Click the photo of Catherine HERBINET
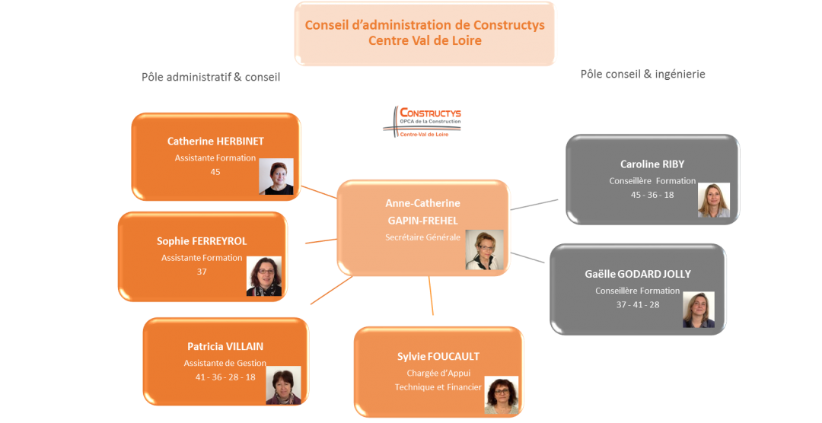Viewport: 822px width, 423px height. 276,177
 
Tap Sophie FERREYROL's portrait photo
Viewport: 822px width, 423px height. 263,275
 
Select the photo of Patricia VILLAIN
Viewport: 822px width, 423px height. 282,385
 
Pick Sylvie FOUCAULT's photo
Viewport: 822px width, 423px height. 502,395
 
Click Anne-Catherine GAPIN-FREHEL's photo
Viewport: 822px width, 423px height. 484,250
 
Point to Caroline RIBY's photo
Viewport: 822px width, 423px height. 713,200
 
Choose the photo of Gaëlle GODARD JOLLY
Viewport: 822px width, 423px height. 698,310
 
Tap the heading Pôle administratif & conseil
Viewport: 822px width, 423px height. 211,77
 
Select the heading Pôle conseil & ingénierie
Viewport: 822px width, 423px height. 642,74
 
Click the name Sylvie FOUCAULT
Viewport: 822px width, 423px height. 438,356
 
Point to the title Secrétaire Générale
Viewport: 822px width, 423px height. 422,237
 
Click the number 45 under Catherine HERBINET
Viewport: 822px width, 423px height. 215,172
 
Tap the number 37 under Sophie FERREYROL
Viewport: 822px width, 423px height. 202,272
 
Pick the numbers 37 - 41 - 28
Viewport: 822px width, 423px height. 637,304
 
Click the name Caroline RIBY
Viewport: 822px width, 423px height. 652,164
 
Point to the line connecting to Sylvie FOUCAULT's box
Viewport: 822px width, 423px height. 431,296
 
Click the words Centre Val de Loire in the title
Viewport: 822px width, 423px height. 425,40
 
